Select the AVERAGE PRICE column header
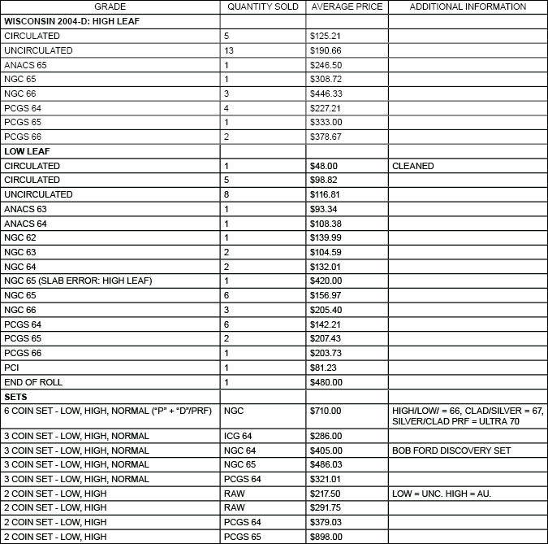tap(346, 7)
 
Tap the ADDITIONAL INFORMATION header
tap(467, 7)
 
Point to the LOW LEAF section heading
tap(26, 151)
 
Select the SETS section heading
tap(15, 397)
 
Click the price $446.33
tap(326, 94)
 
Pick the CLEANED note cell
tap(412, 166)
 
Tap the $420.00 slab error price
tap(326, 281)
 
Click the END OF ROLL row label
tap(33, 382)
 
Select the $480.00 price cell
tap(326, 382)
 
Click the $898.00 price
tap(326, 537)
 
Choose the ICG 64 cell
tap(239, 436)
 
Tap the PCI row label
tap(11, 368)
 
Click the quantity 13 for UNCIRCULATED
tap(230, 50)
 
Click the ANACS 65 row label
tap(25, 65)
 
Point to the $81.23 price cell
tap(324, 368)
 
